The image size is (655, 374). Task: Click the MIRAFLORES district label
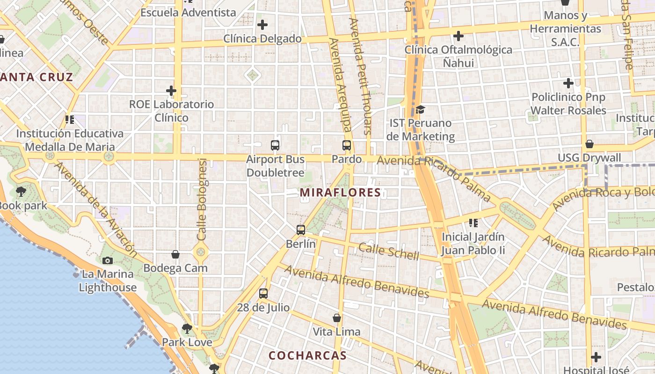tap(340, 193)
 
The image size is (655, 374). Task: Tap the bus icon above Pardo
tap(347, 145)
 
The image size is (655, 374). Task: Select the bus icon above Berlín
tap(301, 230)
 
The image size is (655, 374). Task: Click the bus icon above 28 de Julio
tap(263, 294)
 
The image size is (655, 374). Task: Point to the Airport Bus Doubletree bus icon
tap(275, 145)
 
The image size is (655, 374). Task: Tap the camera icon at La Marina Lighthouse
tap(108, 260)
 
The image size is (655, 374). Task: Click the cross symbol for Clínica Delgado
tap(262, 25)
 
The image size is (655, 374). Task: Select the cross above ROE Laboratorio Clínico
tap(171, 90)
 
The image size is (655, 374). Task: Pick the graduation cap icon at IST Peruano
tap(420, 110)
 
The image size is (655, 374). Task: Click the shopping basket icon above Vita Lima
tap(336, 318)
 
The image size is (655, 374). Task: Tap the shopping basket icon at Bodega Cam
tap(175, 254)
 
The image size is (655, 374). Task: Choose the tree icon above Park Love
tap(187, 328)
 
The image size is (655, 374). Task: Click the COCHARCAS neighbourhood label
tap(307, 355)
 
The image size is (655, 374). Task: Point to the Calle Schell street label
tap(389, 251)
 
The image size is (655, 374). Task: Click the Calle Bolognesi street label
tap(202, 200)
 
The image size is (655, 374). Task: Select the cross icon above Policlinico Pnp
tap(568, 84)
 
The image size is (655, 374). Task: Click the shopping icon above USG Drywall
tap(589, 144)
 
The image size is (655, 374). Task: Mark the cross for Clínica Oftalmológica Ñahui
tap(458, 36)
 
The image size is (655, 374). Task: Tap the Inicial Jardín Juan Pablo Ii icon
tap(473, 223)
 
